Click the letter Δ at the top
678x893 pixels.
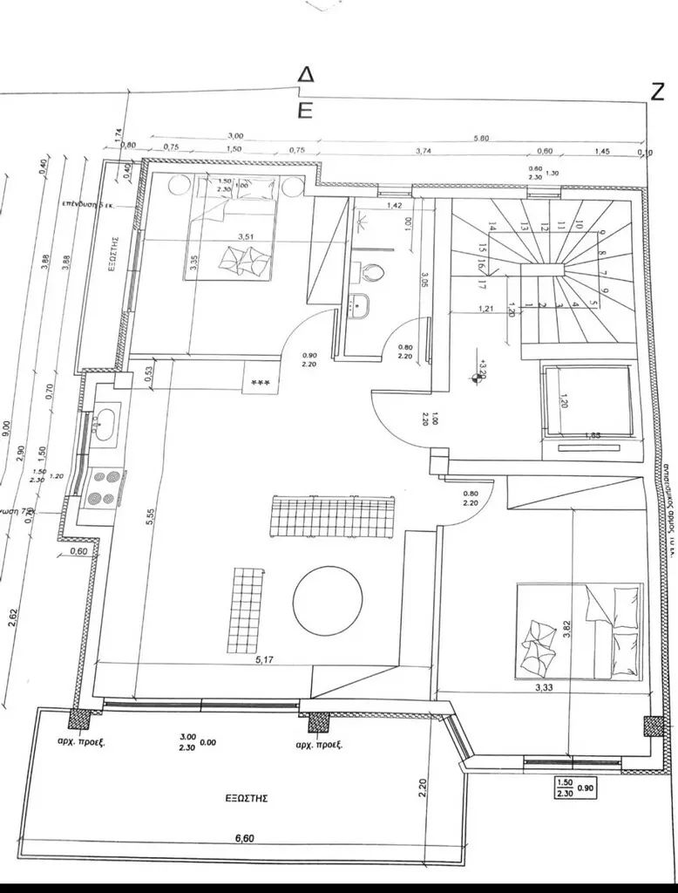[x=305, y=75]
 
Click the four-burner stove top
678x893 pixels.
[x=105, y=487]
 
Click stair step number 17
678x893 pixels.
[x=482, y=283]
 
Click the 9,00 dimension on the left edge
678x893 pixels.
[x=8, y=428]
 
